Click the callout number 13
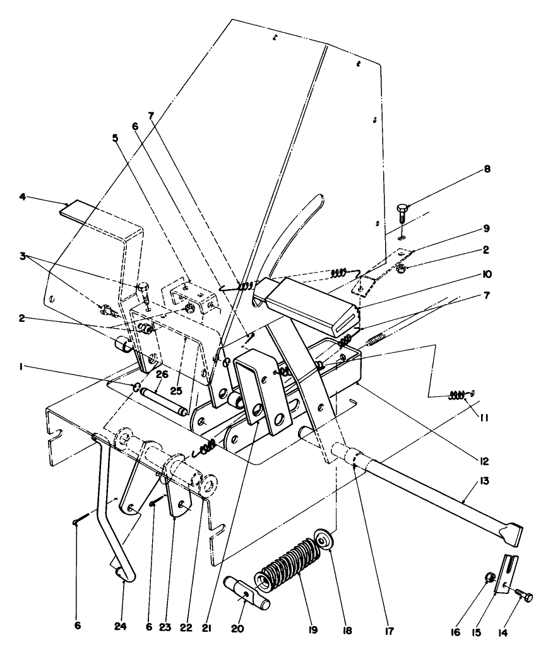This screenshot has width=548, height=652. coord(484,481)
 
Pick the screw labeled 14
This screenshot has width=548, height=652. coord(523,596)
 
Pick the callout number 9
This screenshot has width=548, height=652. coord(486,228)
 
